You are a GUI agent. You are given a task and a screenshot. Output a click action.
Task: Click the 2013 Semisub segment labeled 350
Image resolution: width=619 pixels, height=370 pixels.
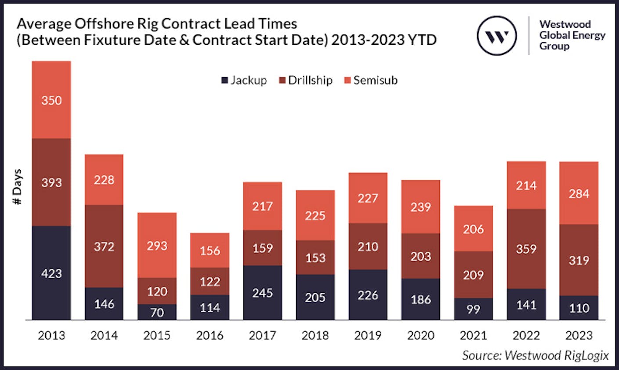[51, 100]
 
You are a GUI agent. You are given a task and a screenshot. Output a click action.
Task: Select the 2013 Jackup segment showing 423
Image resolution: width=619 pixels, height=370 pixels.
[51, 273]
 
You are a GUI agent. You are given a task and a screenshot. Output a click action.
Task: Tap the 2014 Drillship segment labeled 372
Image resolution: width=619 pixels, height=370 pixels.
[104, 246]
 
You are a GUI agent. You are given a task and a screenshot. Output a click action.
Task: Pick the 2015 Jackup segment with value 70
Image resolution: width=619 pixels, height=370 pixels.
[157, 312]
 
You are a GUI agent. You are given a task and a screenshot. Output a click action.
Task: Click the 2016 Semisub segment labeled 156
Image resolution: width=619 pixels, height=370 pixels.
[210, 250]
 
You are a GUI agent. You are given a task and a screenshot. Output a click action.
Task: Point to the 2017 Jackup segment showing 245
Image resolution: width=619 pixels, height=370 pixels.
[262, 292]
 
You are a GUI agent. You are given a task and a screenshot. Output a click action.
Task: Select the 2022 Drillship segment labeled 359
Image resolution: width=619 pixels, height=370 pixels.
[526, 249]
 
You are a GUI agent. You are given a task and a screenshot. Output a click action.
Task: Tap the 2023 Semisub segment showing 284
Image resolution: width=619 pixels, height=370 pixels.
[579, 194]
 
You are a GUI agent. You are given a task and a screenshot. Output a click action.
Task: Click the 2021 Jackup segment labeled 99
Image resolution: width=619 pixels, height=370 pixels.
[473, 309]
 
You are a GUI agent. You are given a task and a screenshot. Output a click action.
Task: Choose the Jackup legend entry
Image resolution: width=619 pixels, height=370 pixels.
[244, 80]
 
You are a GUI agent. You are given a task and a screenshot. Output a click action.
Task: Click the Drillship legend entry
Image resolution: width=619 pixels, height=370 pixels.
[306, 80]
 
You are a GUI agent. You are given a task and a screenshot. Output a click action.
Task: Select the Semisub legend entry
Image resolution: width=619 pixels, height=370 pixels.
[371, 80]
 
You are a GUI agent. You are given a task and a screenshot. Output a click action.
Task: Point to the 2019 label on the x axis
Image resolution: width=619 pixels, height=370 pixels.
[368, 336]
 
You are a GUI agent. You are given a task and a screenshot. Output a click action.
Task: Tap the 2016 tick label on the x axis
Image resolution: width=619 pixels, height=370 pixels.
[210, 336]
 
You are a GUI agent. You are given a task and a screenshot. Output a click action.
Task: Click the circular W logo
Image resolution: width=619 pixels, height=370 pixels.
[497, 36]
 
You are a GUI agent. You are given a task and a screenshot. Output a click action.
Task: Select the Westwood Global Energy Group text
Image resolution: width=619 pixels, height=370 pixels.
[572, 35]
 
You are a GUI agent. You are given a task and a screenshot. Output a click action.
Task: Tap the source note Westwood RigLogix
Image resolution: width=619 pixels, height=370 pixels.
[535, 355]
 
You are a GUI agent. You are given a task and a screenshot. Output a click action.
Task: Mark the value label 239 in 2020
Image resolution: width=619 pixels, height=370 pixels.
[420, 207]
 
